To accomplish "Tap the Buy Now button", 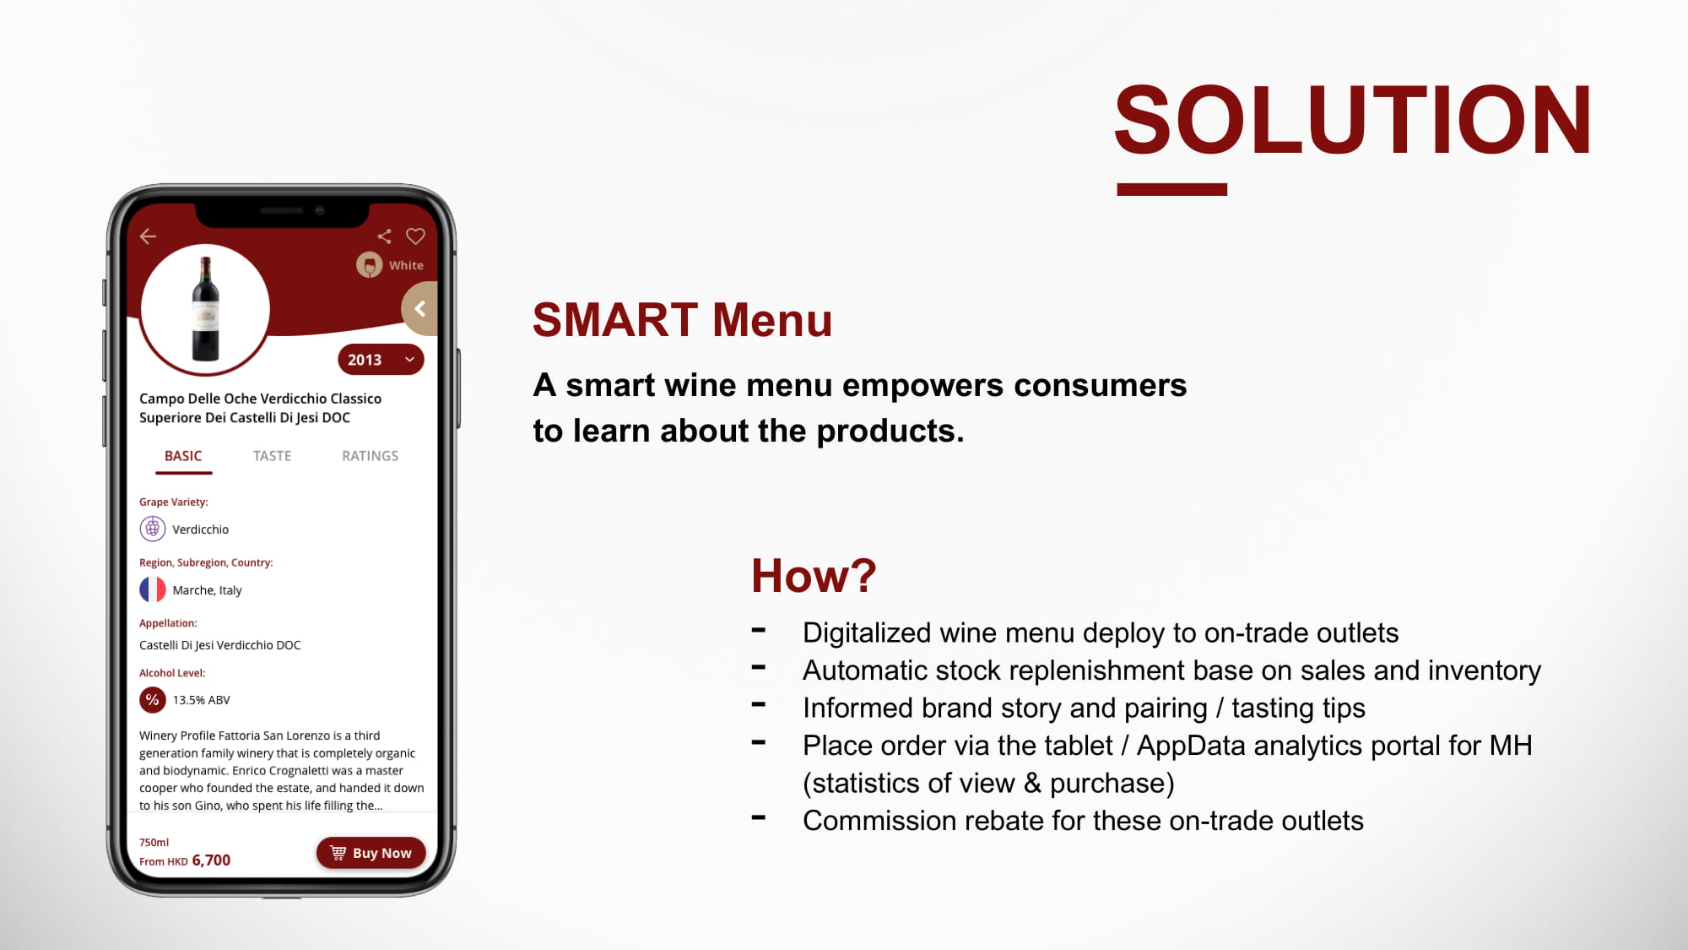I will (x=371, y=853).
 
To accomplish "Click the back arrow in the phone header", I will (x=149, y=236).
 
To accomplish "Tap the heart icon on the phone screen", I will (x=415, y=236).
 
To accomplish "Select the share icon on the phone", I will (x=384, y=236).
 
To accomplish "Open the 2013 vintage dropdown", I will (x=381, y=360).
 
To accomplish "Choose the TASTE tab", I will (x=272, y=456).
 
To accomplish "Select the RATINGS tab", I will (x=370, y=456).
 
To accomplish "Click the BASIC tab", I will (x=183, y=456).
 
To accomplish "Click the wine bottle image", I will (x=205, y=309).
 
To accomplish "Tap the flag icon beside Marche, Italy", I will (x=153, y=589).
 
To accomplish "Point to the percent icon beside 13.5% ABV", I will (x=153, y=700).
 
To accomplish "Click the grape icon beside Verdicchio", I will (x=153, y=529).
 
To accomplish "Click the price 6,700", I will (x=211, y=860).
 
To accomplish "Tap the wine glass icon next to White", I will (x=369, y=265).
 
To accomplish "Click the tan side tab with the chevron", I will (x=420, y=309).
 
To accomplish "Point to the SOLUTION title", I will (x=1352, y=120).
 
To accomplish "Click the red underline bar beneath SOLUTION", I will (x=1171, y=190).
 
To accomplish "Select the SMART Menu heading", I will (x=682, y=320).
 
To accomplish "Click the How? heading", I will (x=814, y=576).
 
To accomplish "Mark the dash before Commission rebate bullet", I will (x=759, y=817).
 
